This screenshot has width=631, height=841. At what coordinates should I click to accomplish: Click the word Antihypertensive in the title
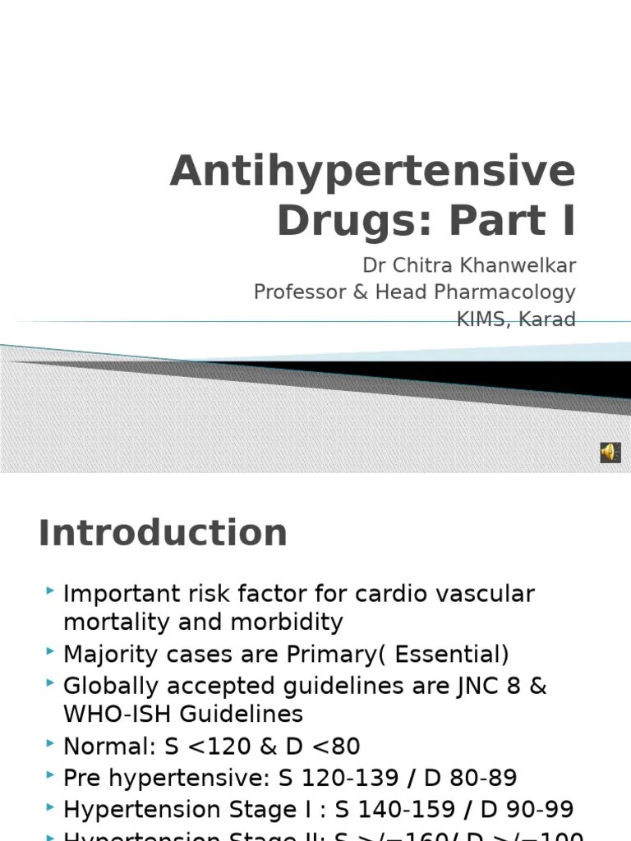(372, 171)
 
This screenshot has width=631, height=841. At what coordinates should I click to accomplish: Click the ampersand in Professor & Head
(360, 292)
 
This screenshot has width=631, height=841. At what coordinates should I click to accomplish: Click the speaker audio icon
(610, 453)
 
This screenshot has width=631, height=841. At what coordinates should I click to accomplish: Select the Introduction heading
(163, 533)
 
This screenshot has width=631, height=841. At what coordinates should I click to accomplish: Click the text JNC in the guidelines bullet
(467, 686)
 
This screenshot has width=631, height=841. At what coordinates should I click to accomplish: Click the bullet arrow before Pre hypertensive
(52, 775)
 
